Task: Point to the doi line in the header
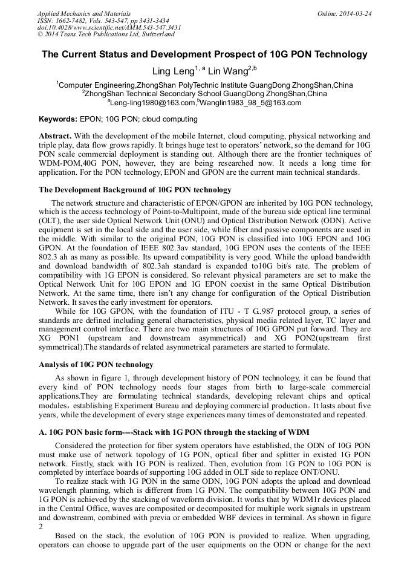[109, 27]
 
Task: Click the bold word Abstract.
[55, 136]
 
